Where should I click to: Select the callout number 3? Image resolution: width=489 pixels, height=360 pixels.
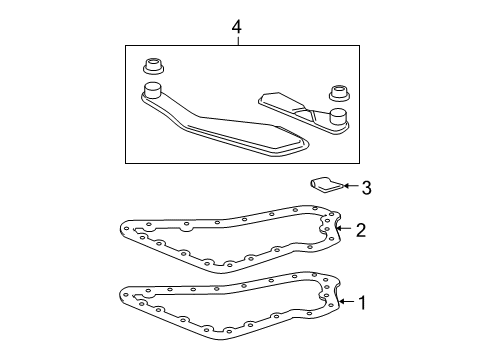click(367, 186)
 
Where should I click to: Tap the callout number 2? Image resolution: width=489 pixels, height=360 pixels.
click(361, 230)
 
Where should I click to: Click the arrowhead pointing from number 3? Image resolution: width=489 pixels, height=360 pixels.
click(338, 186)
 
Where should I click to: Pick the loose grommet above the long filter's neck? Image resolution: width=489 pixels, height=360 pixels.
click(154, 68)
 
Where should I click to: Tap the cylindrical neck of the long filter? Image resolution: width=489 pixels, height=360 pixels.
click(153, 94)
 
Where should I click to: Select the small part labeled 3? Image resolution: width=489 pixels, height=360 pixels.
click(322, 183)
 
